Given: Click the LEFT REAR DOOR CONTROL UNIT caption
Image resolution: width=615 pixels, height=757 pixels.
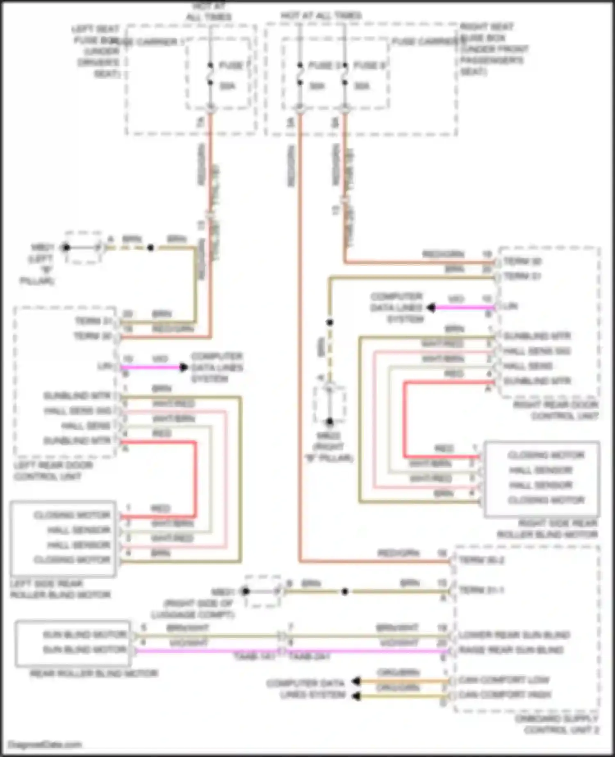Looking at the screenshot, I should pos(53,471).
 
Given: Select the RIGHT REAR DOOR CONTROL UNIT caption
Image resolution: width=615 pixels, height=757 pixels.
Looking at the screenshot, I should pos(556,410).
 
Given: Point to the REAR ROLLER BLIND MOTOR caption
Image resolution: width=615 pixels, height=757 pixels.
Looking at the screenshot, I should pos(94,673).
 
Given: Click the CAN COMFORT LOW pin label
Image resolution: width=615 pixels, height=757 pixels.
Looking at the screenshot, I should pos(503,680).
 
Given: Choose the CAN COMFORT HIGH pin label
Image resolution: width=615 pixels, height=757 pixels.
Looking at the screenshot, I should pos(505,695).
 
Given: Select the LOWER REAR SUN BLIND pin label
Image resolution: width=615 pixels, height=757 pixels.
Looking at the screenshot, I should pos(514,635).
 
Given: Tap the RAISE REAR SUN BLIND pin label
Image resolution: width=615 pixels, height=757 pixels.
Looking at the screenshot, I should pos(511,650).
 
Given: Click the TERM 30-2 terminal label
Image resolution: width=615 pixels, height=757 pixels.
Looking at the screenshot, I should pos(481,560).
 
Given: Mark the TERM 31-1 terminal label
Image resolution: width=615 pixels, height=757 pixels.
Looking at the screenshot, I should pos(481,590).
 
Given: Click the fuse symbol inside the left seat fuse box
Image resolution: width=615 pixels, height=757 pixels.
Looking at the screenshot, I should pos(210,74).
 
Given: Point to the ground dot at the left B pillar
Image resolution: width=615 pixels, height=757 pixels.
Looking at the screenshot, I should pos(66,247).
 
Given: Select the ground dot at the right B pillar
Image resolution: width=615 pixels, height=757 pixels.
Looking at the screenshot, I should pos(329,422).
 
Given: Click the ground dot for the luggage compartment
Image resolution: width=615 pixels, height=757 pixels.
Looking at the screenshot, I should pos(246,591).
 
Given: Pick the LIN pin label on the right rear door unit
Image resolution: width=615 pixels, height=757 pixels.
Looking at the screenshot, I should pos(511,306).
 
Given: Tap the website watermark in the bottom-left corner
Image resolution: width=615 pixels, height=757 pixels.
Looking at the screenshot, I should pos(45,744).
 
